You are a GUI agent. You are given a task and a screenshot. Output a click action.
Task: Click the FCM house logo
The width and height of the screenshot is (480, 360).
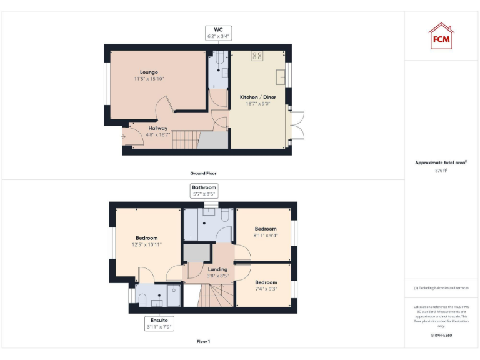click(441, 36)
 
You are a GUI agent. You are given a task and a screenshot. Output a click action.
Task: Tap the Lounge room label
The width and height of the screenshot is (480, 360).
click(149, 72)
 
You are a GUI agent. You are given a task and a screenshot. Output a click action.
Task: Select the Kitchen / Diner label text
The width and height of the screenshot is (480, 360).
click(258, 97)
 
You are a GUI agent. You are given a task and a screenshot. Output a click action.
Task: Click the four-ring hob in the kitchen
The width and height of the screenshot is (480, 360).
click(257, 56)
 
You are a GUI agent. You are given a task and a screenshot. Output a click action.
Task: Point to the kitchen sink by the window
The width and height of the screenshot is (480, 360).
click(282, 77)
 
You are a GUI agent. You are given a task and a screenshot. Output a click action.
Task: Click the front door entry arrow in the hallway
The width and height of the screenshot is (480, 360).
click(124, 136)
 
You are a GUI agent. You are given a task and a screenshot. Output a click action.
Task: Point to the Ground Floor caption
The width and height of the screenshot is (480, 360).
click(204, 173)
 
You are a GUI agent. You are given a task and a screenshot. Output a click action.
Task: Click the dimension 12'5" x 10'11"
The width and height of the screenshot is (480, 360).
click(147, 245)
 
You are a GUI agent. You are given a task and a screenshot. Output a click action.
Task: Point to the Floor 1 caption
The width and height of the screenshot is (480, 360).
click(204, 342)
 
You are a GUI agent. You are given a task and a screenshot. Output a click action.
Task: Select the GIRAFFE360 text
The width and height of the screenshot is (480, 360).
click(441, 336)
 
